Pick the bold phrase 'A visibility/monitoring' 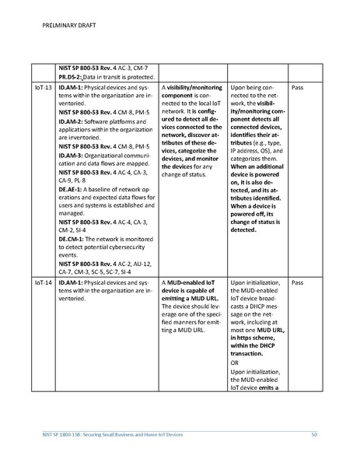191,89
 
